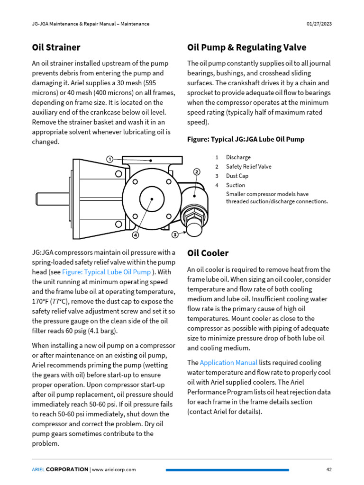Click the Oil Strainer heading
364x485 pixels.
[56, 47]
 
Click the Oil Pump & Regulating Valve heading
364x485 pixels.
[246, 47]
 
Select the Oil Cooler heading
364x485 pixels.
[208, 253]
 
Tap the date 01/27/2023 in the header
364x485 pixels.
[319, 24]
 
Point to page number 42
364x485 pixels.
[328, 469]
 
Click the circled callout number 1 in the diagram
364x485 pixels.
[109, 159]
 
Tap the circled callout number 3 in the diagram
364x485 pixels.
[175, 234]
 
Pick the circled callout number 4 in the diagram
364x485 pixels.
[136, 234]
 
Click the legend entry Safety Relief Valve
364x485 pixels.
[248, 167]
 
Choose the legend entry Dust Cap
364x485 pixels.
[237, 176]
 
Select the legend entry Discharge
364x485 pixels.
[238, 157]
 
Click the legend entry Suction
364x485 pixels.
[236, 185]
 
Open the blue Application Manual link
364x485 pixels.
[228, 363]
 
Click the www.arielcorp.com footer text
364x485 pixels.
[114, 469]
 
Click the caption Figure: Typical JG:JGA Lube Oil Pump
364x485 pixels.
[246, 139]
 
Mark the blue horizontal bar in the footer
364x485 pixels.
[227, 470]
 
